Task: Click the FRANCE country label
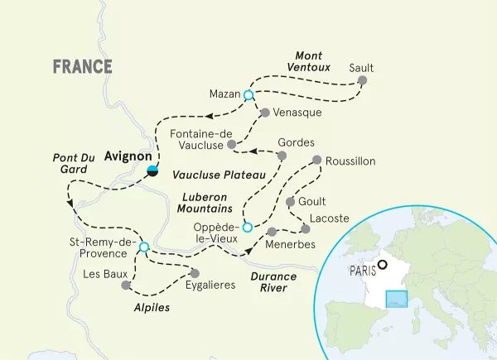82,67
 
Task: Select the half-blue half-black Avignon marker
152,171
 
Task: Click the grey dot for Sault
361,82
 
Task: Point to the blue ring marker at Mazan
248,96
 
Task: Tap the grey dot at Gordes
282,156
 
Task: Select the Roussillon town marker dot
316,161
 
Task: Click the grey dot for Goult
290,202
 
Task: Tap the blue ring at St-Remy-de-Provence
144,247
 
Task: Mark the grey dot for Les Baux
126,286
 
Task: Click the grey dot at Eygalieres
195,272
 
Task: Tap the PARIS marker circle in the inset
382,266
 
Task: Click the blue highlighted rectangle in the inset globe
397,300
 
